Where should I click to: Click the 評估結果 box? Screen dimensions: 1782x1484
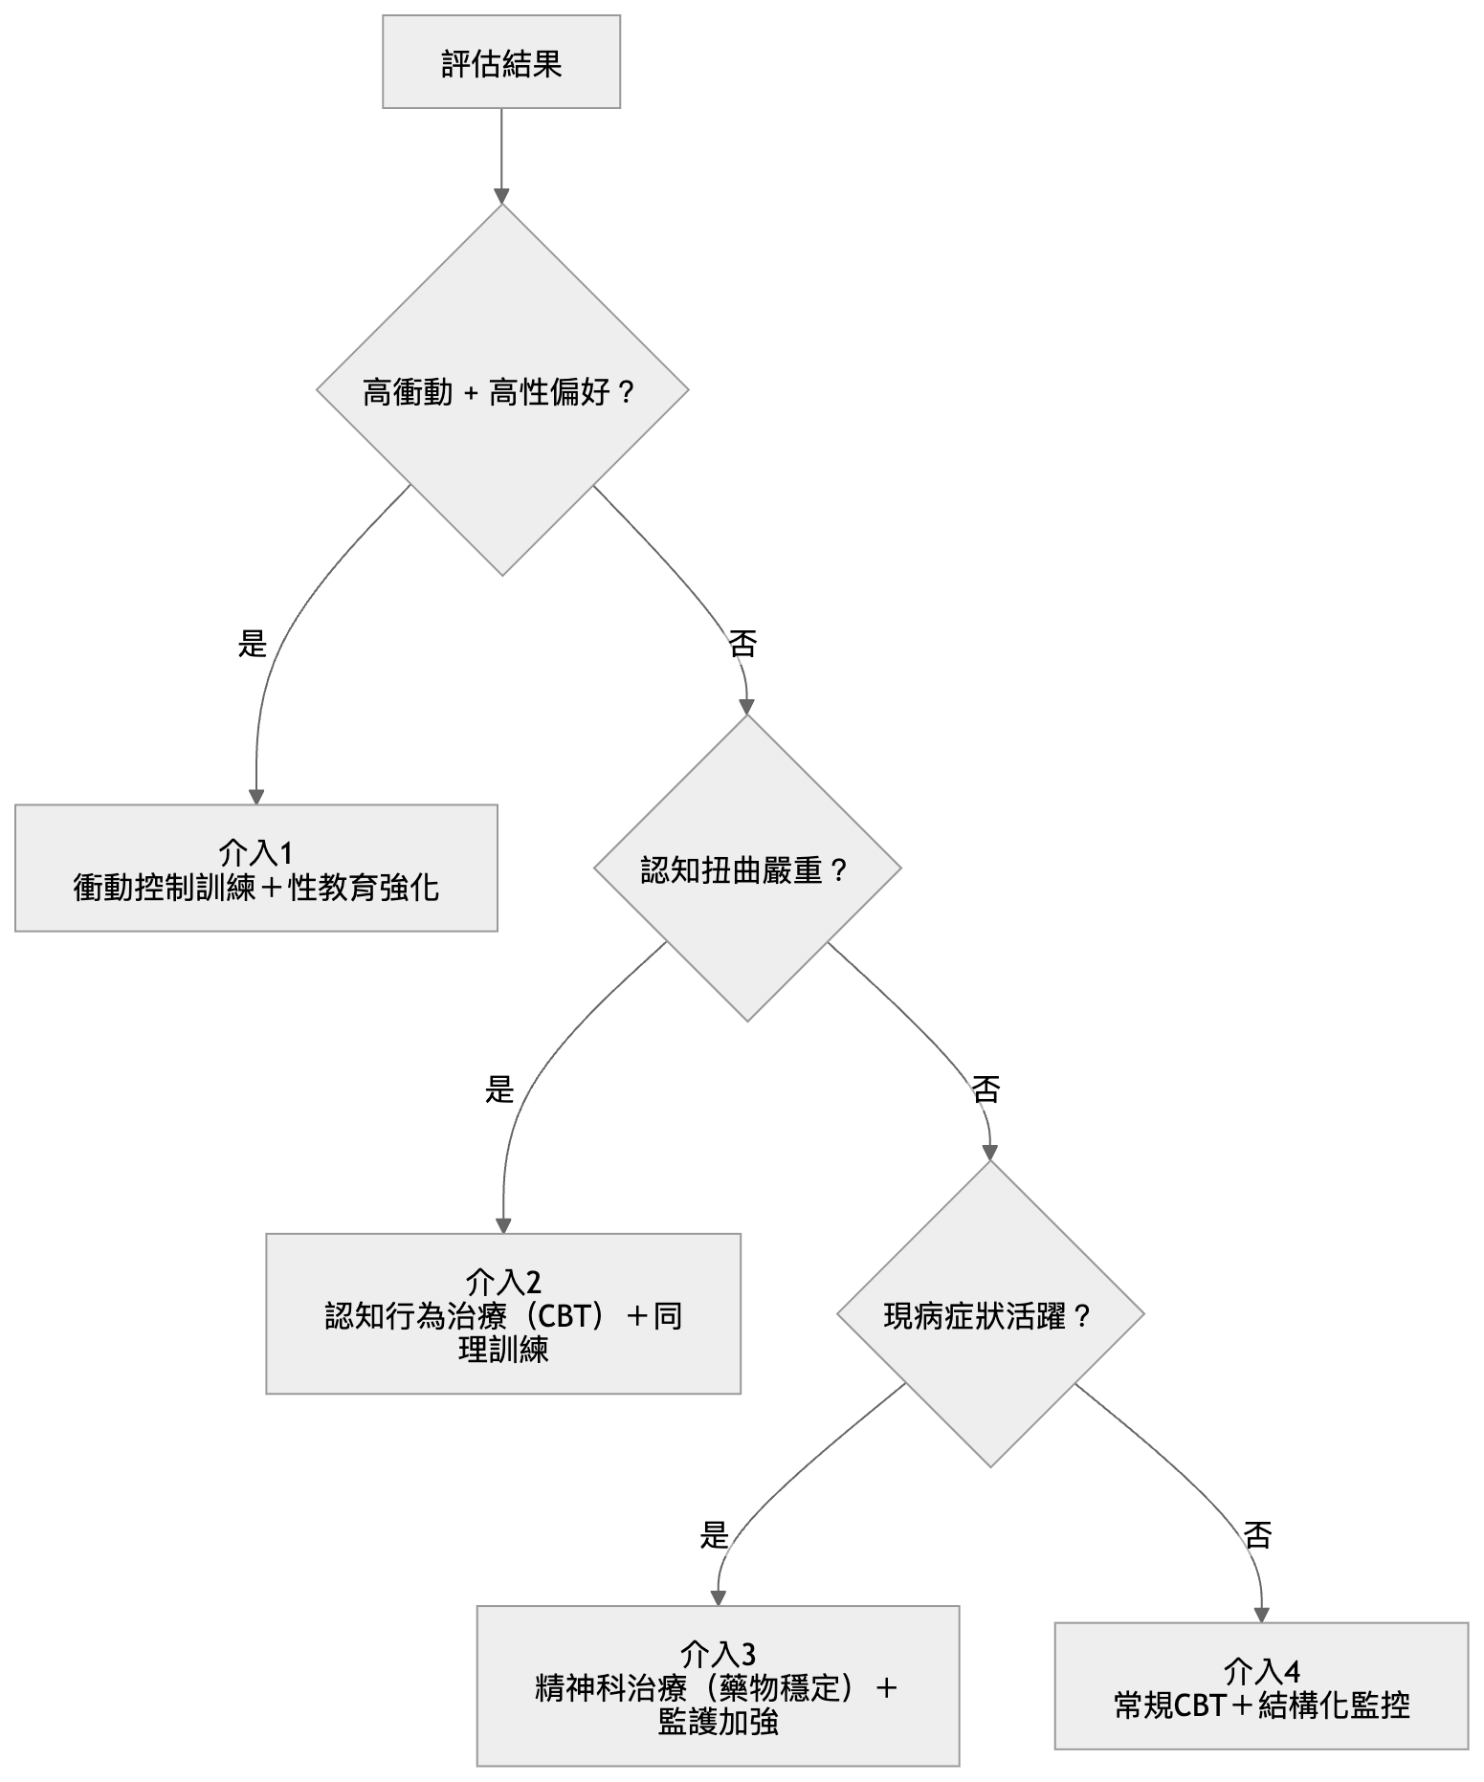pyautogui.click(x=501, y=62)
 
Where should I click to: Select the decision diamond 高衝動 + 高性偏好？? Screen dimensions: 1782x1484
pyautogui.click(x=502, y=391)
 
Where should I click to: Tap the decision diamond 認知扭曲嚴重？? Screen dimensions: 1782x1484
pyautogui.click(x=746, y=869)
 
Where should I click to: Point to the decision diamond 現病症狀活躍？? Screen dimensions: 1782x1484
pyautogui.click(x=989, y=1315)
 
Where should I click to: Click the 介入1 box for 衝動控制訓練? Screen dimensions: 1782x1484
pyautogui.click(x=255, y=868)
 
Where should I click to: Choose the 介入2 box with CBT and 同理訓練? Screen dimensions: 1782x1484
pyautogui.click(x=503, y=1312)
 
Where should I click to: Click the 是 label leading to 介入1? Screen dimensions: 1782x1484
pyautogui.click(x=253, y=643)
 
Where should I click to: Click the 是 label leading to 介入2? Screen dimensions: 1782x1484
pyautogui.click(x=499, y=1089)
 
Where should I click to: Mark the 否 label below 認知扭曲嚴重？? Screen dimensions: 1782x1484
pyautogui.click(x=986, y=1089)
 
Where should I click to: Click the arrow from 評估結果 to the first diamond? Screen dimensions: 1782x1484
pyautogui.click(x=501, y=153)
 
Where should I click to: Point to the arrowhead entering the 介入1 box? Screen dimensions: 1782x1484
pyautogui.click(x=255, y=797)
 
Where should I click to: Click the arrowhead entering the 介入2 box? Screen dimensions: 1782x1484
pyautogui.click(x=503, y=1226)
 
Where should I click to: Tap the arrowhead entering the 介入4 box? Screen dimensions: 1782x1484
pyautogui.click(x=1261, y=1615)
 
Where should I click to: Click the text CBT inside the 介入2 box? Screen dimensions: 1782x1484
pyautogui.click(x=567, y=1316)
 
